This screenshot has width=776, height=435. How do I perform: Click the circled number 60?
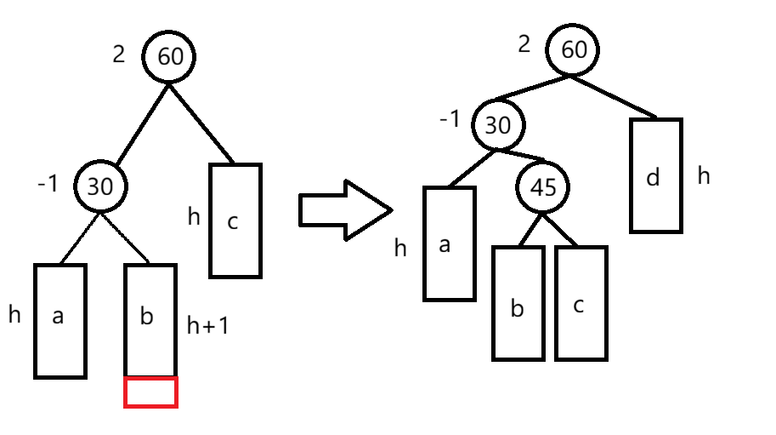pyautogui.click(x=171, y=56)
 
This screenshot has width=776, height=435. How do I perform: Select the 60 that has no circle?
pyautogui.click(x=574, y=49)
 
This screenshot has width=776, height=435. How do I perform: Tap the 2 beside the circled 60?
pyautogui.click(x=119, y=54)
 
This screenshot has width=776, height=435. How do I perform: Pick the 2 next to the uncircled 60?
pyautogui.click(x=524, y=44)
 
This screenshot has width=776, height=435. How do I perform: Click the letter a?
pyautogui.click(x=59, y=317)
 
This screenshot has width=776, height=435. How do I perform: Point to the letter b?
pyautogui.click(x=147, y=317)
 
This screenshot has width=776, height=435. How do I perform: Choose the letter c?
pyautogui.click(x=233, y=222)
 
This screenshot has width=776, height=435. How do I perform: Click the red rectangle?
pyautogui.click(x=151, y=392)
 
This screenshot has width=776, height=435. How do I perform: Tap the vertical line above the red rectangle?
pyautogui.click(x=178, y=319)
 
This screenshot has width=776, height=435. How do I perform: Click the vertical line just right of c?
pyautogui.click(x=263, y=220)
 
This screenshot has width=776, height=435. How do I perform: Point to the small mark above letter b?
pyautogui.click(x=146, y=257)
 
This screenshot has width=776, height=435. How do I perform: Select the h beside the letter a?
pyautogui.click(x=14, y=314)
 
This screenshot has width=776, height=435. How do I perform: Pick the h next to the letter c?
pyautogui.click(x=195, y=217)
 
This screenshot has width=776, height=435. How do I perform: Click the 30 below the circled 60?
pyautogui.click(x=100, y=187)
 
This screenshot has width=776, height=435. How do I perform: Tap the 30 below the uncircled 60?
pyautogui.click(x=497, y=126)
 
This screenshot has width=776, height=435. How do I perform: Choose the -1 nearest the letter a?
pyautogui.click(x=48, y=184)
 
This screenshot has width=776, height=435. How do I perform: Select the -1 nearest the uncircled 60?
pyautogui.click(x=450, y=119)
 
